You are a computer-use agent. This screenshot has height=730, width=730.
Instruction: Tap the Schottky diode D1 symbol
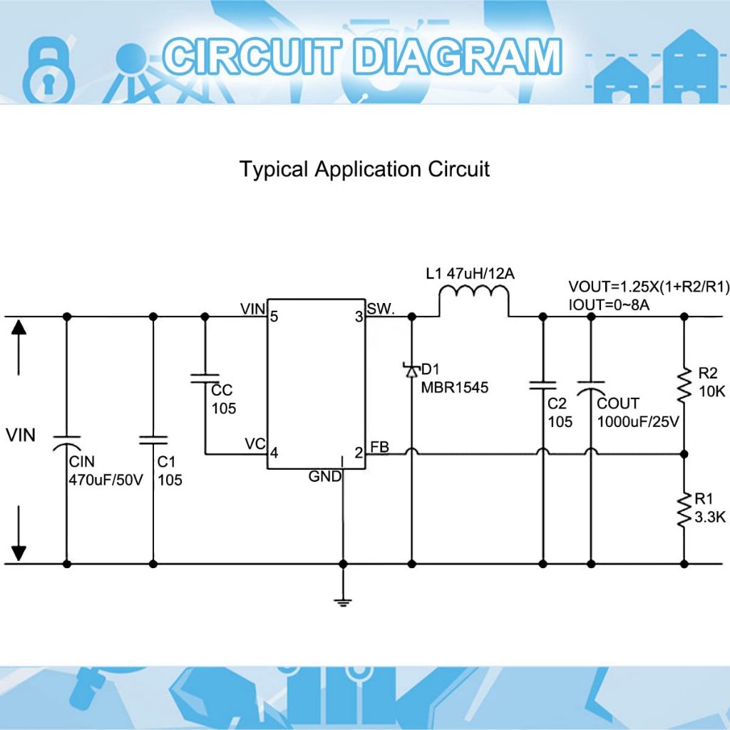tap(411, 370)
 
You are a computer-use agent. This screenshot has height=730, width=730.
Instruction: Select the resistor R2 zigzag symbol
tap(684, 384)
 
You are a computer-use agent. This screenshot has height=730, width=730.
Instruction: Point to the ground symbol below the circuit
tap(343, 602)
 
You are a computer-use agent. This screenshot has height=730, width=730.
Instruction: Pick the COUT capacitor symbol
tap(590, 388)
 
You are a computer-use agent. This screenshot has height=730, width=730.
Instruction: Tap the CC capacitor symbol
tap(205, 379)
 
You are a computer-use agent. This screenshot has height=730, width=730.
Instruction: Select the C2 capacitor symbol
tap(543, 386)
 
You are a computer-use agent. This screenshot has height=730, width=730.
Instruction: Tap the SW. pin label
tap(381, 309)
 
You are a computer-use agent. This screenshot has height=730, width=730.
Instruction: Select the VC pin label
tap(255, 443)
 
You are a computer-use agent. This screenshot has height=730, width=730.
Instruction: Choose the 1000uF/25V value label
tap(638, 421)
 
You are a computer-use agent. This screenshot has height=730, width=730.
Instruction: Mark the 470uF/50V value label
tap(106, 479)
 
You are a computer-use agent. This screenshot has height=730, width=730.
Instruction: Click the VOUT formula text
tap(649, 287)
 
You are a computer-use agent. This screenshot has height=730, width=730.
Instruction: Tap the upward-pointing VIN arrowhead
tap(19, 327)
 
